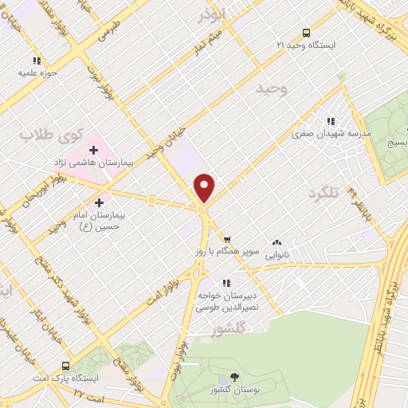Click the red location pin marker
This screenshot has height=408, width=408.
point(205,186)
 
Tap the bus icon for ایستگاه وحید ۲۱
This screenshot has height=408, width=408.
point(307,33)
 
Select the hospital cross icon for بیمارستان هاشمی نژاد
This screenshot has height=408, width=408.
point(93,149)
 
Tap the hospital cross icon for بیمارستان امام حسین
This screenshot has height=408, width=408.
point(100,202)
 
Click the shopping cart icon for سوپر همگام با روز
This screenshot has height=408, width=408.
point(227,238)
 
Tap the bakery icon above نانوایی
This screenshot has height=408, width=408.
point(277,243)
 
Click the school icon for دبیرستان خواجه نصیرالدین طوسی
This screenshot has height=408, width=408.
point(226,282)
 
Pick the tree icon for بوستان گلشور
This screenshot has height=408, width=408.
point(233,376)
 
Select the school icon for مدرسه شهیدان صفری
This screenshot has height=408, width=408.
point(331,121)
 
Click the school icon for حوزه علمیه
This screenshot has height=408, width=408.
point(36,60)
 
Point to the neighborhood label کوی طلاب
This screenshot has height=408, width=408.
point(39,135)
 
